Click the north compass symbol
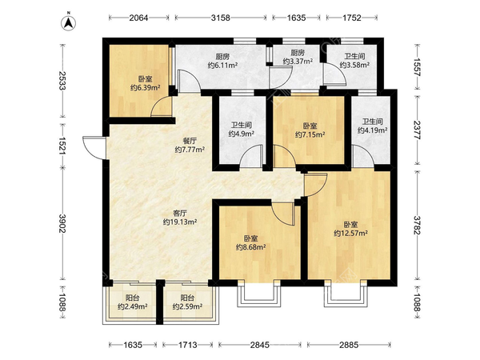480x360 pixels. [70, 20]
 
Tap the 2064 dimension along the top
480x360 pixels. [141, 17]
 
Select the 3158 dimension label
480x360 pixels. [219, 17]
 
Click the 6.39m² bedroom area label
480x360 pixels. [141, 83]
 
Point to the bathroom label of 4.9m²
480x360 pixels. [241, 129]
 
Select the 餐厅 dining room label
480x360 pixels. [190, 145]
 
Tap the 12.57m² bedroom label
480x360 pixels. [350, 229]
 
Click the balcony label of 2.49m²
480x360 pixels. [131, 302]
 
